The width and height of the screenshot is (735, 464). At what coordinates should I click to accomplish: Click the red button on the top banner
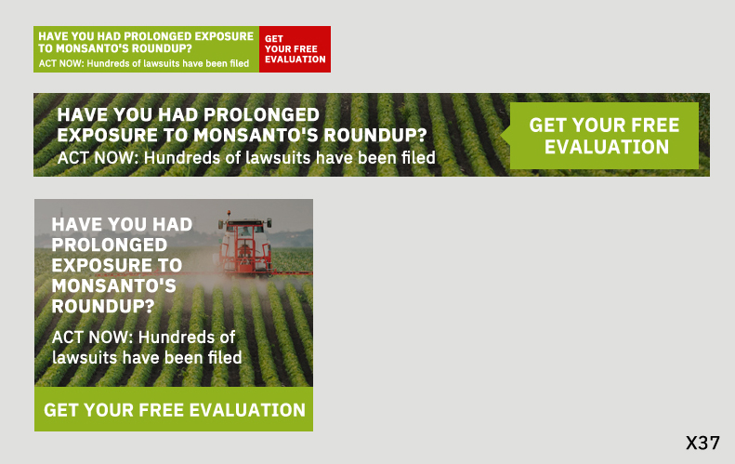click(295, 49)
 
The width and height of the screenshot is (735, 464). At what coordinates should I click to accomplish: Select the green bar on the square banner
click(174, 410)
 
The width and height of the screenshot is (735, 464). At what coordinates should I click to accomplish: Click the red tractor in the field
click(245, 245)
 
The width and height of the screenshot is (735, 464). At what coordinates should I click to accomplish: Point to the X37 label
click(702, 444)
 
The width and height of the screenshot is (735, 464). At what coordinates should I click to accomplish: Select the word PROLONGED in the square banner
click(110, 245)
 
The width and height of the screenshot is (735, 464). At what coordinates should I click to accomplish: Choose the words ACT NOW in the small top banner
click(60, 63)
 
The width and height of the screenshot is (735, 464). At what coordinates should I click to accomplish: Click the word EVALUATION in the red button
click(295, 60)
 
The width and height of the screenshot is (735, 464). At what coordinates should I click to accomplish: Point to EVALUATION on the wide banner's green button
click(606, 147)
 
